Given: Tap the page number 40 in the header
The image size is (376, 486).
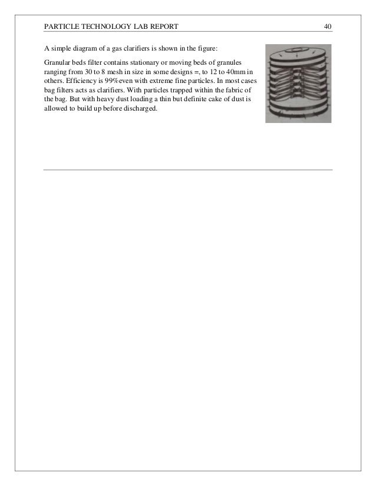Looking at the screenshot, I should coord(328,26).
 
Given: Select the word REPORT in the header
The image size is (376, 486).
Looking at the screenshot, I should coord(161,26).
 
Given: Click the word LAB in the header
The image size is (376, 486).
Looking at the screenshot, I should coord(137,26).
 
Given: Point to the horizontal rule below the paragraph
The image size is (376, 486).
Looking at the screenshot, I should coord(188,170).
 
